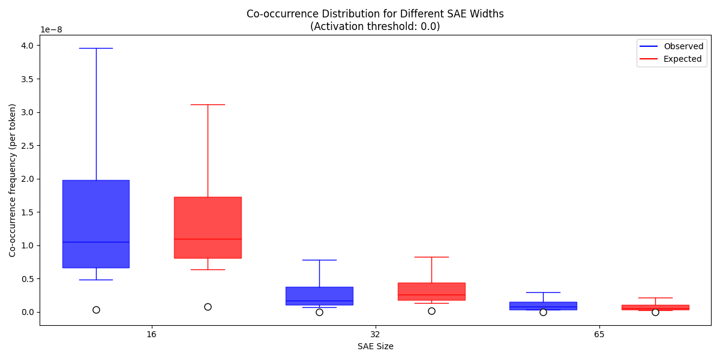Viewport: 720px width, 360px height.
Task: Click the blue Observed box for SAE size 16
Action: pyautogui.click(x=96, y=223)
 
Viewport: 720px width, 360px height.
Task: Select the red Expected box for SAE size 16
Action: pyautogui.click(x=208, y=227)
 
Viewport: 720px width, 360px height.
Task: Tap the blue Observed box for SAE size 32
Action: pyautogui.click(x=319, y=296)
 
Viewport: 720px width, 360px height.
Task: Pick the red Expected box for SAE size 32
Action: pyautogui.click(x=431, y=291)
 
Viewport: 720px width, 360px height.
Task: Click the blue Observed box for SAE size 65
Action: pyautogui.click(x=543, y=305)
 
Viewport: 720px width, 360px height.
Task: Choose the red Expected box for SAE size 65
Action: pyautogui.click(x=655, y=307)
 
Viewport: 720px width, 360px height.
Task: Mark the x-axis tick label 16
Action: pyautogui.click(x=151, y=334)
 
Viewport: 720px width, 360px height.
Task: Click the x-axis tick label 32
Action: pyautogui.click(x=375, y=334)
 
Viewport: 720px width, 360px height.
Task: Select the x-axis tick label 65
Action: pyautogui.click(x=599, y=334)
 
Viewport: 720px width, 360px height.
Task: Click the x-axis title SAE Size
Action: pyautogui.click(x=375, y=346)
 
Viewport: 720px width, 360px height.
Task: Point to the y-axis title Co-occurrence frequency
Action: pyautogui.click(x=13, y=180)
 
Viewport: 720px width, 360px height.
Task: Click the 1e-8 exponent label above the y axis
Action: pyautogui.click(x=51, y=29)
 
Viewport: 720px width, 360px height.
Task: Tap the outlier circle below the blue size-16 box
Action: pyautogui.click(x=96, y=310)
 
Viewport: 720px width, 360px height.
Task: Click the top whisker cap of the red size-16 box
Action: pyautogui.click(x=208, y=104)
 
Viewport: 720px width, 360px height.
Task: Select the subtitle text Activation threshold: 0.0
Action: pyautogui.click(x=375, y=26)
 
